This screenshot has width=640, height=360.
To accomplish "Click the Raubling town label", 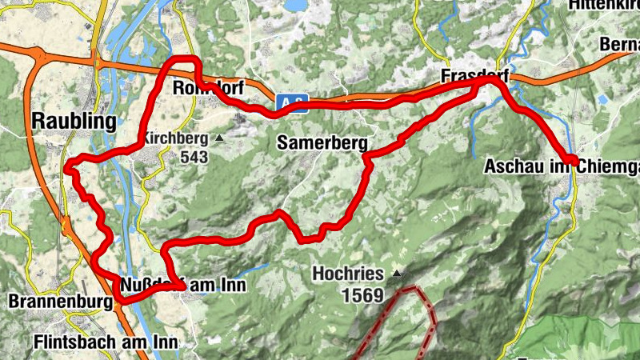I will (x=74, y=121).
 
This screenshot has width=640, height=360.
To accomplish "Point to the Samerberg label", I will (x=322, y=143).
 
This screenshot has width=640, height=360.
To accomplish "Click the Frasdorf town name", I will (x=474, y=77).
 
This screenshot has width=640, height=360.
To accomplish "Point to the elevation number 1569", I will (x=362, y=295).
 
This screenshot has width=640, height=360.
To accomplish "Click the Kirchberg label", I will (x=176, y=138).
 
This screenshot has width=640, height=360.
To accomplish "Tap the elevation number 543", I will (x=194, y=158).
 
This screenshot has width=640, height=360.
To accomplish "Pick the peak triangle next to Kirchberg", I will (x=219, y=138).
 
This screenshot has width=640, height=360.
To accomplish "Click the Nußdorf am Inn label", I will (x=183, y=285).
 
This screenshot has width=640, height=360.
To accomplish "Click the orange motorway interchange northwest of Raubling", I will (x=36, y=54).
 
